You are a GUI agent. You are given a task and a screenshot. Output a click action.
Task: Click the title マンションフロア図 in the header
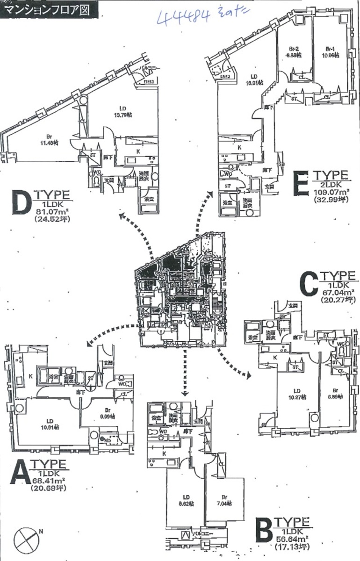point(49,9)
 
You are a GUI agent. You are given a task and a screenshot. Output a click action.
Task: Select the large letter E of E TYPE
point(299,183)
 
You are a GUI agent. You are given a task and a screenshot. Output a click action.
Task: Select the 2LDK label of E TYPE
point(331,184)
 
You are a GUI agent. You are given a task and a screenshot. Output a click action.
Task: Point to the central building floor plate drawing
point(182,290)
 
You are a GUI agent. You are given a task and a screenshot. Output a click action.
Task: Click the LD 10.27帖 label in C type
point(296,394)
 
